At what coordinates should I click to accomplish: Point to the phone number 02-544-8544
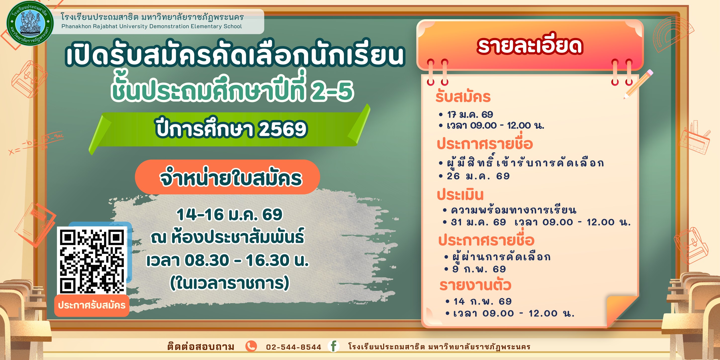(x=293, y=347)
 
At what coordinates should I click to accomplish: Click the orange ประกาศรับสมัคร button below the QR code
(x=92, y=305)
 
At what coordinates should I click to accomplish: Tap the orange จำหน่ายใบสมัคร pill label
(x=227, y=177)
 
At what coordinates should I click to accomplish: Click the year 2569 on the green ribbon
(x=282, y=129)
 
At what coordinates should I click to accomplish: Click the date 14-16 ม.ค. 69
(x=229, y=214)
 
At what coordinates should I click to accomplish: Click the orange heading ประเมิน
(x=460, y=195)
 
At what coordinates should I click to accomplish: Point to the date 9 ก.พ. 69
(x=479, y=269)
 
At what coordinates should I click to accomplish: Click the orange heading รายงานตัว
(x=475, y=285)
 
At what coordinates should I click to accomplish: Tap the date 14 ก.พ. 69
(x=482, y=301)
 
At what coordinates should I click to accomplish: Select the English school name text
(x=151, y=27)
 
